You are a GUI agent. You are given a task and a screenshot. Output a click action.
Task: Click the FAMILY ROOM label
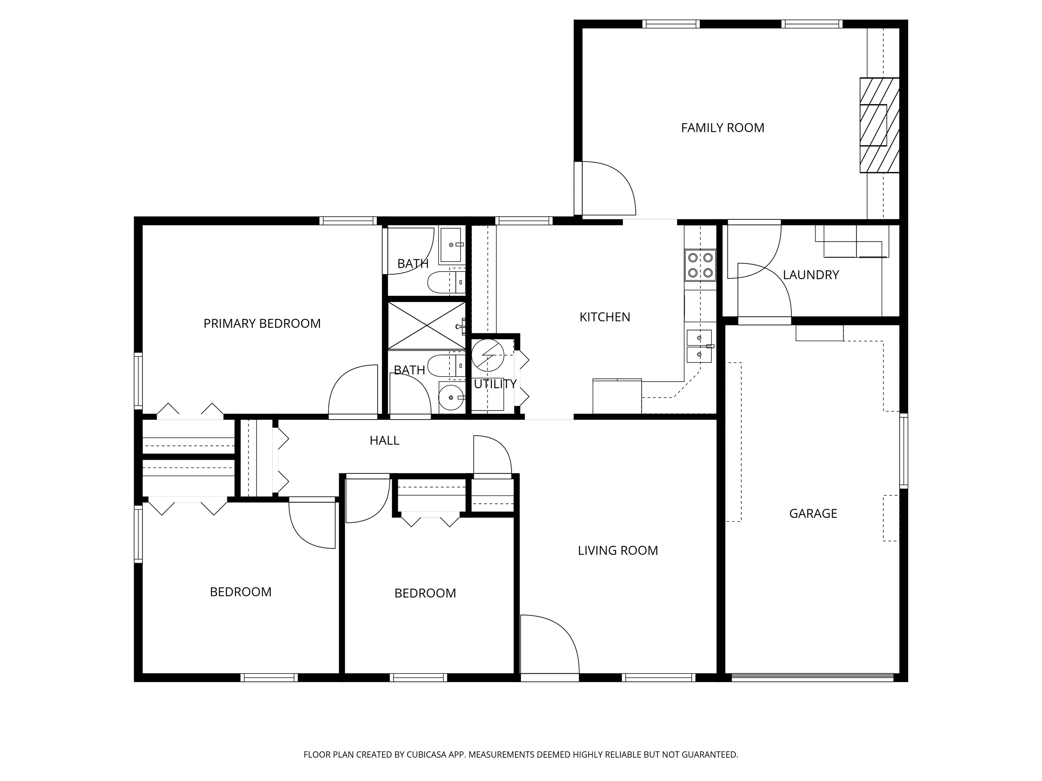(x=722, y=127)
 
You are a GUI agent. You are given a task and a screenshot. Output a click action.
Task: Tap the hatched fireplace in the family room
(x=880, y=125)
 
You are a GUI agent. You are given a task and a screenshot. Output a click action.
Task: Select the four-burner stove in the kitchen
(x=700, y=265)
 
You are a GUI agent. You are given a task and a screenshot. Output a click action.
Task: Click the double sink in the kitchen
(x=699, y=346)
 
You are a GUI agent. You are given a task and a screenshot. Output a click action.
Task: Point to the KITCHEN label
(x=604, y=317)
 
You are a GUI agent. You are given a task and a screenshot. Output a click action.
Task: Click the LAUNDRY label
(x=811, y=275)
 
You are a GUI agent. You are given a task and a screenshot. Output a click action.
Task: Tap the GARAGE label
(x=813, y=514)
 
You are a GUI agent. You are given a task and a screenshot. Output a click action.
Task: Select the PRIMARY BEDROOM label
(x=262, y=323)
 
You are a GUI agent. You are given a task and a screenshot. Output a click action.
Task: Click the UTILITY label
(x=495, y=384)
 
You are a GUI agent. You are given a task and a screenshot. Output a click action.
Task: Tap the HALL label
(x=384, y=441)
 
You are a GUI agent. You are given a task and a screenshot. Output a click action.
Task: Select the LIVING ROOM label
(x=618, y=550)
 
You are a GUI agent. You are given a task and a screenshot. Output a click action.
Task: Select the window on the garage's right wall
(x=904, y=451)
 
